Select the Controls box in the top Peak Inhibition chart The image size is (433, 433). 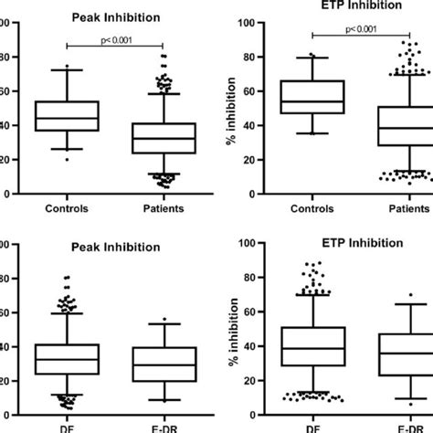point(67,116)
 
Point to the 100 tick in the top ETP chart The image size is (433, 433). point(258,21)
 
